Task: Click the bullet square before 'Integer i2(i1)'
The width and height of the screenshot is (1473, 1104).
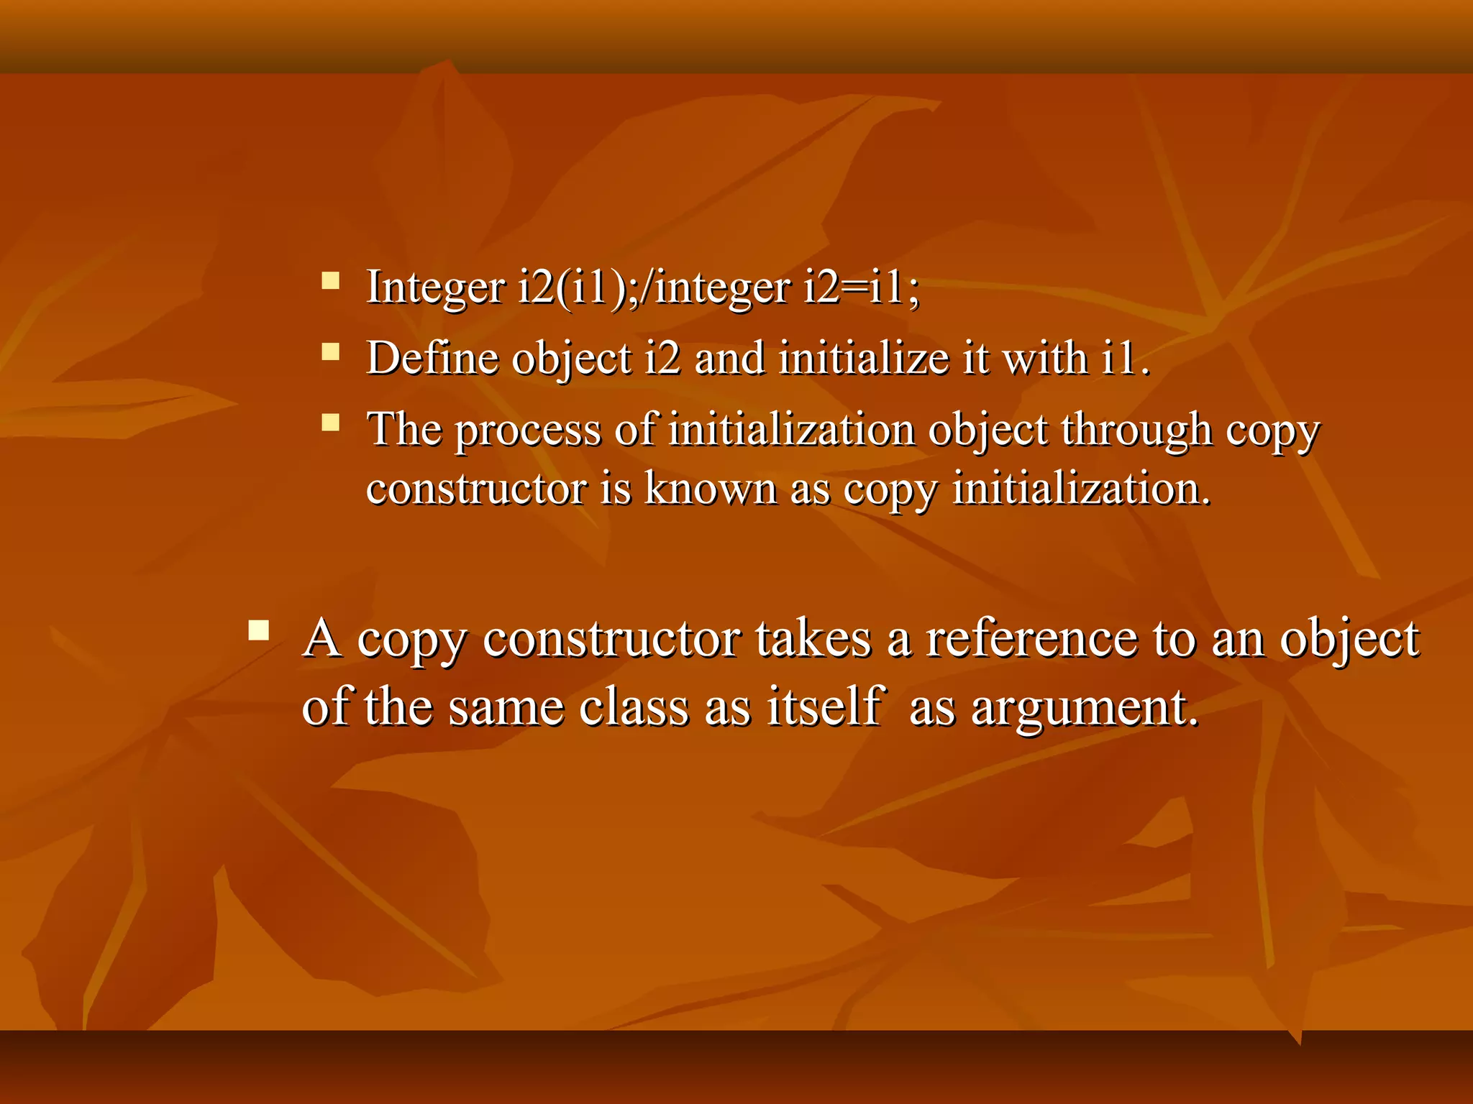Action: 330,280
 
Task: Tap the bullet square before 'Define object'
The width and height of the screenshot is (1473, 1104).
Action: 330,351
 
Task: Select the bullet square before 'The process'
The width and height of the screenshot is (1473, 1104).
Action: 330,422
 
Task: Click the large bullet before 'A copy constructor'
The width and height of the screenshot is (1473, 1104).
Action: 258,631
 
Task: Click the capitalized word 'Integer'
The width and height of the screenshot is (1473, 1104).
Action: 435,287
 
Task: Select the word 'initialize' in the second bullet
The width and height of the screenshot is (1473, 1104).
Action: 864,357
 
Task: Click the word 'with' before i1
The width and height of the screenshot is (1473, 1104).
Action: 1044,357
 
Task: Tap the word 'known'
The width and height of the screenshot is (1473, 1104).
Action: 710,489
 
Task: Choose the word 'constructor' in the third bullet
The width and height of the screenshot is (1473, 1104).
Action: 476,489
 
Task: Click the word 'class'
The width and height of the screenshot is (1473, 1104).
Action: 634,707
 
